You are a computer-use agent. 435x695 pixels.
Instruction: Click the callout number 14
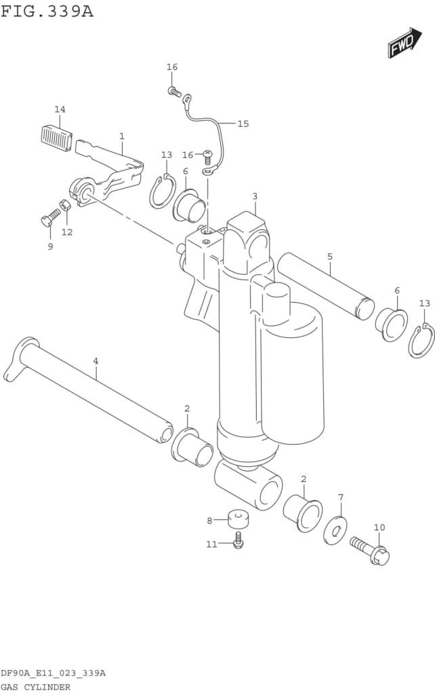[60, 109]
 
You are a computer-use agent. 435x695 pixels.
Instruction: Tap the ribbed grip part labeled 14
[56, 138]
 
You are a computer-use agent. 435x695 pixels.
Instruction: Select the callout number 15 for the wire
[243, 124]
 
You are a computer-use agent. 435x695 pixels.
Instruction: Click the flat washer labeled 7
[335, 530]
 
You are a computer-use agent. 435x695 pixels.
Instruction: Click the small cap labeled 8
[238, 519]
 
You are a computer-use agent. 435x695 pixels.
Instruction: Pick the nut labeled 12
[64, 205]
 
